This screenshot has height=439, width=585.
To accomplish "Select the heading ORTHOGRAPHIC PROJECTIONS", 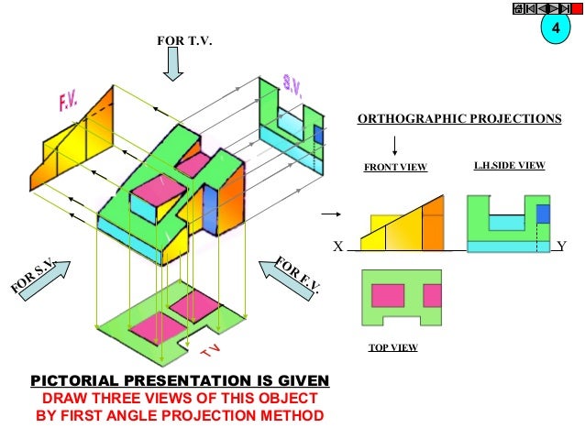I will click(458, 119).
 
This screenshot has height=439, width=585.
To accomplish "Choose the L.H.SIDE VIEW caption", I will click(509, 167).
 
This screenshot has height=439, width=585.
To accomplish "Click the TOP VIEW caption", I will click(392, 348).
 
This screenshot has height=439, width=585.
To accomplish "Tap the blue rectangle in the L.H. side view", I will click(542, 214).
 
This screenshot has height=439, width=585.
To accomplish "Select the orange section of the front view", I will click(432, 225).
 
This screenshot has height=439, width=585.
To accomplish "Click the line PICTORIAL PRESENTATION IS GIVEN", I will click(180, 380).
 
